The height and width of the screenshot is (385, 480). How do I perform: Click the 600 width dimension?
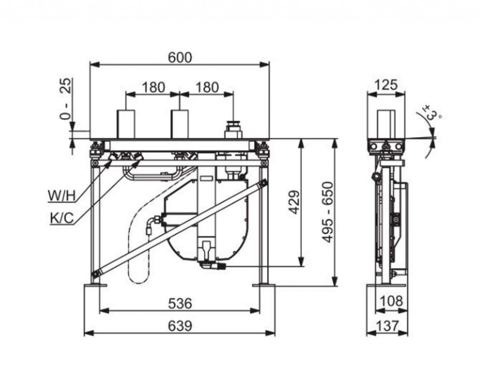180,58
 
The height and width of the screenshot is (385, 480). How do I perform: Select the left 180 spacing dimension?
153,88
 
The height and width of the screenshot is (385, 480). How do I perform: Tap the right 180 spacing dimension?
207,88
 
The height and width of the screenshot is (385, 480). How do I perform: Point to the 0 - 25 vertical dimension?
66,98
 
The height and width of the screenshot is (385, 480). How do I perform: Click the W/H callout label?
61,196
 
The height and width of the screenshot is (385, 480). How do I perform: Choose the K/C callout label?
62,218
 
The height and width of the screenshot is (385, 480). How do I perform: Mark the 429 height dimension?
294,202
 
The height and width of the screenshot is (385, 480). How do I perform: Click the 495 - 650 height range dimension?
328,212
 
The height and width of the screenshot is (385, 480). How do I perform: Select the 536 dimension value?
180,304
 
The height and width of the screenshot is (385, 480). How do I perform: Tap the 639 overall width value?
180,326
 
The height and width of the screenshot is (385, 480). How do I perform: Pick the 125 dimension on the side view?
386,85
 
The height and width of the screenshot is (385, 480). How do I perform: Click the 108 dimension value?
391,302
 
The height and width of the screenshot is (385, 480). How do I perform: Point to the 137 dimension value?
387,326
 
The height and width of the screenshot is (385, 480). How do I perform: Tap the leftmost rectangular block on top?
126,124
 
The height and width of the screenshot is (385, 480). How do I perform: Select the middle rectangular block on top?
180,124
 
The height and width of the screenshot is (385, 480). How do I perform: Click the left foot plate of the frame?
95,286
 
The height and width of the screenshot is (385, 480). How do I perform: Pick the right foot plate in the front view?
263,286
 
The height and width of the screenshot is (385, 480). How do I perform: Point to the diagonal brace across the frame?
180,229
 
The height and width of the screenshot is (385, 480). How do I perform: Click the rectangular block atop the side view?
386,124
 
